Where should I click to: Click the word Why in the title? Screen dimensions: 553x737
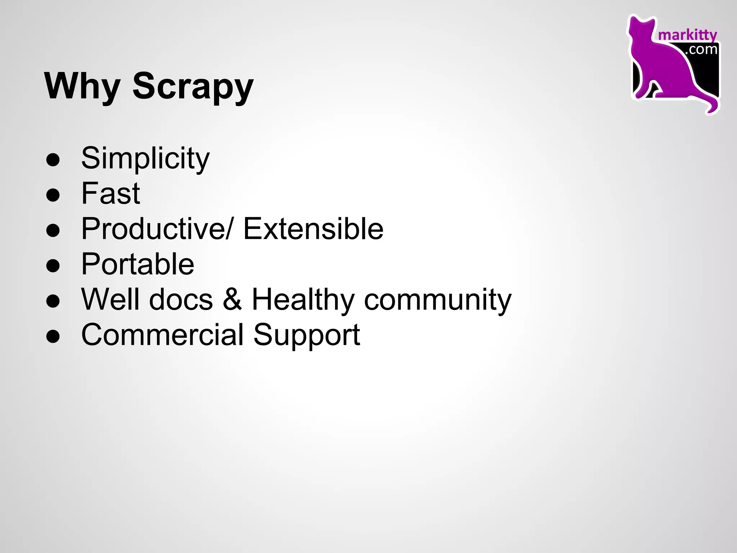tap(82, 86)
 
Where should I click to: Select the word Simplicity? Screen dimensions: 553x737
tap(145, 158)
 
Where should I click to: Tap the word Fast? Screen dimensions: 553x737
tap(110, 193)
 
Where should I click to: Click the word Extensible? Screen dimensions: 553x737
tap(313, 229)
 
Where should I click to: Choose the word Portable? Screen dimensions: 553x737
tap(137, 264)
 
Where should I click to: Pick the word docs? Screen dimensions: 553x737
tap(181, 299)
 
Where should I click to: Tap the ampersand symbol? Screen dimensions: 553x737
tap(232, 299)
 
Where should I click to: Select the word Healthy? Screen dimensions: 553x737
tap(303, 299)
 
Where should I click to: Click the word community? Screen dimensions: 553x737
tap(438, 299)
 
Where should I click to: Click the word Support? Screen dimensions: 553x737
tap(307, 335)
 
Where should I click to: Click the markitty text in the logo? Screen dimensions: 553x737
tap(687, 35)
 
